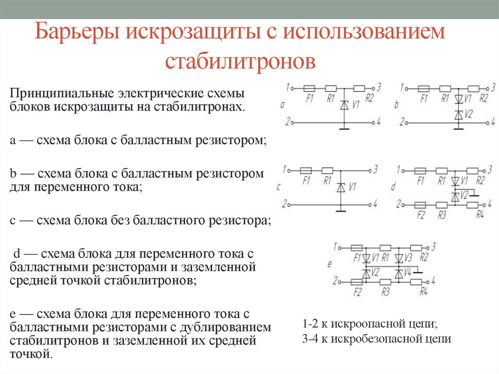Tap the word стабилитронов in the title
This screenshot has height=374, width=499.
[240, 61]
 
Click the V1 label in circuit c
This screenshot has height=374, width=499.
[353, 186]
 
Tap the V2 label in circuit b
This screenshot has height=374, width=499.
[468, 114]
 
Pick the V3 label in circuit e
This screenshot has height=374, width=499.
[408, 257]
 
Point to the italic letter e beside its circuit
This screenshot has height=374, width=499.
[329, 264]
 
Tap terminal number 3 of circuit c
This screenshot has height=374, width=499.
[376, 170]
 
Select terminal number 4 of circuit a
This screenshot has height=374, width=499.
[379, 120]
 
